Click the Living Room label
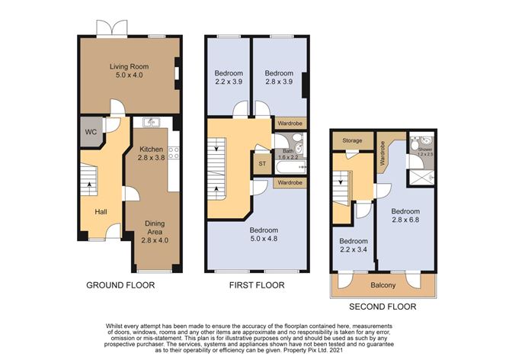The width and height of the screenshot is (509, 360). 127,70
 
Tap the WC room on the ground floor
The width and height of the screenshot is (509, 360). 90,132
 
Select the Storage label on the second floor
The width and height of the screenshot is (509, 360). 352,140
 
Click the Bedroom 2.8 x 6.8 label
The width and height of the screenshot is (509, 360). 407,215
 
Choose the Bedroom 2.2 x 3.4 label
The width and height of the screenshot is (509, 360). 353,246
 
